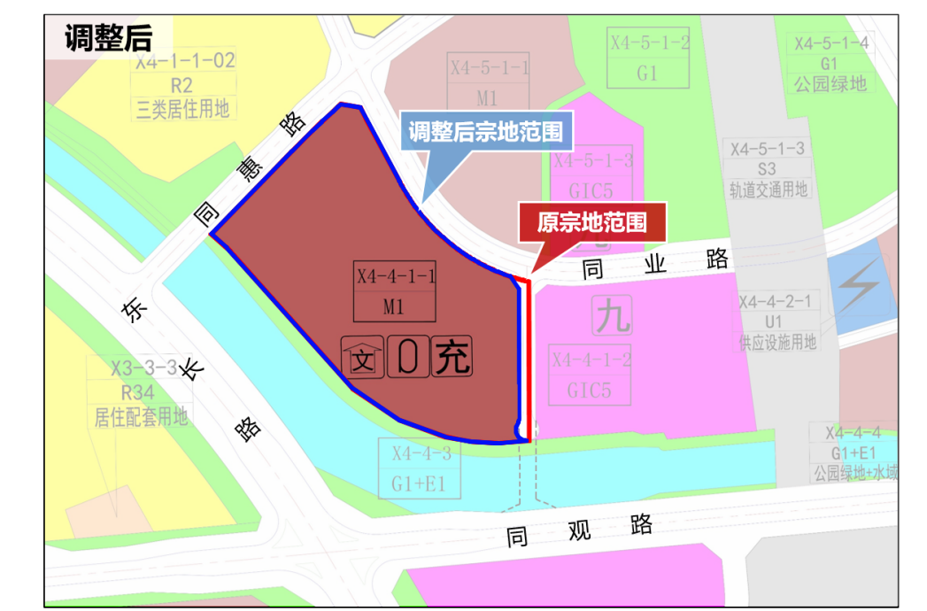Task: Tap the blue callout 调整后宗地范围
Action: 486,133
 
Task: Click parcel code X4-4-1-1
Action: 396,275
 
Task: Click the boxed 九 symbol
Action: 614,315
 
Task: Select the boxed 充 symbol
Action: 452,358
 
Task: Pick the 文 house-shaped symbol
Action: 362,359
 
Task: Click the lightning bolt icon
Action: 855,287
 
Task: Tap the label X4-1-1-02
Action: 185,61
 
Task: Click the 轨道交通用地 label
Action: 768,188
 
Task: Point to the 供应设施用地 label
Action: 777,342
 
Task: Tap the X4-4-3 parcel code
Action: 421,454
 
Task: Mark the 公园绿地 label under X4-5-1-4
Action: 830,84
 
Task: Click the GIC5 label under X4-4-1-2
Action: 591,389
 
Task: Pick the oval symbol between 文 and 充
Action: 406,358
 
